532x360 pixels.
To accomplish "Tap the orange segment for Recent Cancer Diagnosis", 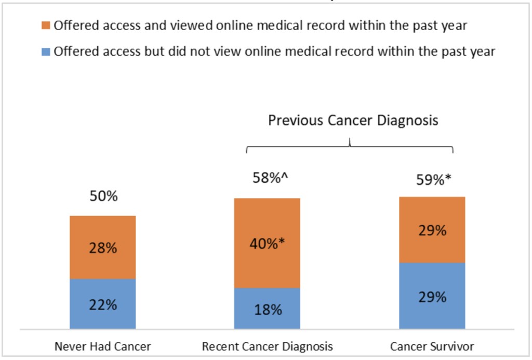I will (x=267, y=218).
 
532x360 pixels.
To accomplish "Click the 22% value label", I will (x=103, y=305).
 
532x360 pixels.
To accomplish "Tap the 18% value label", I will (x=268, y=310).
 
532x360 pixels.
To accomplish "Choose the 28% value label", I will (x=103, y=248).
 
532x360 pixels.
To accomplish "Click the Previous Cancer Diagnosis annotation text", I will (x=353, y=121).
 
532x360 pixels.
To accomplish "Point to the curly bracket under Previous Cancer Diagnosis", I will (x=350, y=147).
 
